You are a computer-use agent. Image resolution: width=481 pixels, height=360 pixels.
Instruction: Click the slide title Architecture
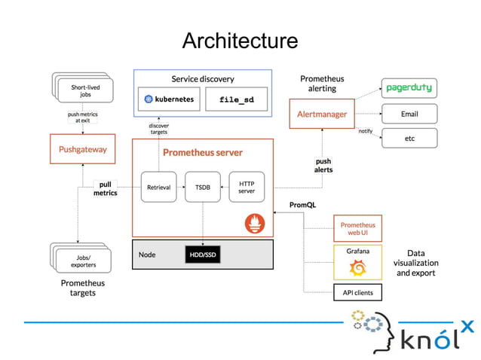pyautogui.click(x=240, y=40)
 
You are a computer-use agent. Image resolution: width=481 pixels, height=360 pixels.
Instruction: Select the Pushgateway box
pyautogui.click(x=82, y=149)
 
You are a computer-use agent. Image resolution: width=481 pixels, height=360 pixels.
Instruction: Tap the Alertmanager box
pyautogui.click(x=323, y=114)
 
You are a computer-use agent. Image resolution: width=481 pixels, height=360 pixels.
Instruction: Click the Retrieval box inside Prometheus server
pyautogui.click(x=158, y=188)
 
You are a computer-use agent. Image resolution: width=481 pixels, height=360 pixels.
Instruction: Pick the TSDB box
pyautogui.click(x=202, y=188)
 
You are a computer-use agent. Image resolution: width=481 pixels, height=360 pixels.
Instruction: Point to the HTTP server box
pyautogui.click(x=247, y=188)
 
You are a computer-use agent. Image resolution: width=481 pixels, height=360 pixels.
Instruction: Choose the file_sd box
pyautogui.click(x=236, y=99)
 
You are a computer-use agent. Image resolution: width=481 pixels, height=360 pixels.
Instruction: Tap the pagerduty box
pyautogui.click(x=409, y=88)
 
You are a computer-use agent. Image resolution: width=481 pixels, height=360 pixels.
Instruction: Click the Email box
pyautogui.click(x=409, y=114)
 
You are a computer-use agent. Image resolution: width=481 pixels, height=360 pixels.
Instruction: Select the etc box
pyautogui.click(x=409, y=139)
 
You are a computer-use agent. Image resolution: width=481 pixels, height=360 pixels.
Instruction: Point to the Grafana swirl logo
pyautogui.click(x=357, y=267)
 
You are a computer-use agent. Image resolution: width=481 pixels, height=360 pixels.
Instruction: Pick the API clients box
pyautogui.click(x=357, y=292)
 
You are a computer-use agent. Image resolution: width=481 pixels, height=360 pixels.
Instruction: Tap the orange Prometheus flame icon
pyautogui.click(x=255, y=223)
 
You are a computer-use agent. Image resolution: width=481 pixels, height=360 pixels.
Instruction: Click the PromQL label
pyautogui.click(x=302, y=205)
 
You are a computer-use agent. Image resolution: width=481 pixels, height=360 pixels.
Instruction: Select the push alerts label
pyautogui.click(x=323, y=165)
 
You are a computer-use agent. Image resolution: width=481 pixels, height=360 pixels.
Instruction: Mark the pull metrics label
pyautogui.click(x=106, y=188)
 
